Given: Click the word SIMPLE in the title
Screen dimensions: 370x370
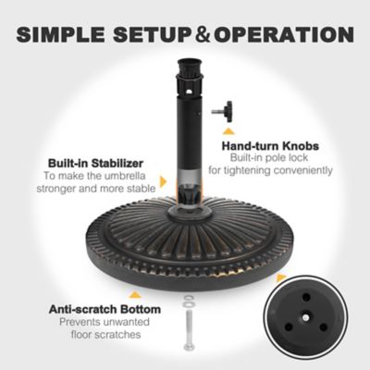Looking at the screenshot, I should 62,35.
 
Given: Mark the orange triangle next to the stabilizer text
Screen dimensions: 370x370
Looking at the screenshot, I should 163,182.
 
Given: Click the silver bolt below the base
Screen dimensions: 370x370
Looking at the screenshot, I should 189,337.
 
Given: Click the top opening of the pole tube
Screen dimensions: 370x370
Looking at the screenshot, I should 187,67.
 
